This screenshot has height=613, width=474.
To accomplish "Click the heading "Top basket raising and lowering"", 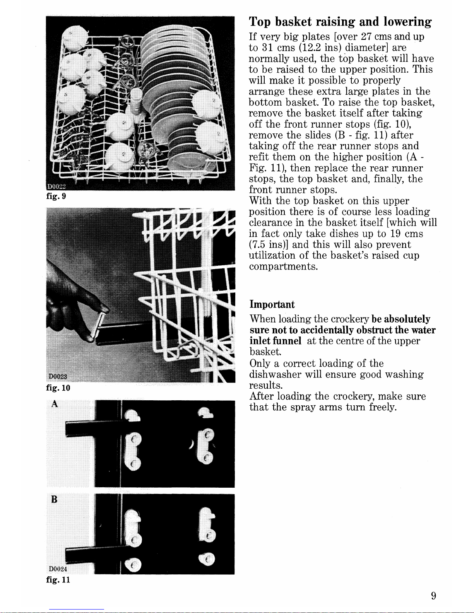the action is pos(340,22).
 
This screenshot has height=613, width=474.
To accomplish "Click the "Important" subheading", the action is pos(272,304).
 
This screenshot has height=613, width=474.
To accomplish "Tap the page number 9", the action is pos(433,596).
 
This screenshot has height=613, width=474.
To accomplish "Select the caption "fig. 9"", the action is pos(56,196).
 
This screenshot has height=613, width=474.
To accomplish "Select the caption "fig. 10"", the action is pos(58,388).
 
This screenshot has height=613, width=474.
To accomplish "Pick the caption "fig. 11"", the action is pos(58,580).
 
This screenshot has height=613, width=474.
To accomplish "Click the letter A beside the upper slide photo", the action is pos(55,404).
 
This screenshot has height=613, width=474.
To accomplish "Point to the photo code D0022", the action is pos(57,186).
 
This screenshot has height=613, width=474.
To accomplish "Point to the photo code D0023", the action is pos(58,377).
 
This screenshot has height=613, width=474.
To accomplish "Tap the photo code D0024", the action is pos(58,569).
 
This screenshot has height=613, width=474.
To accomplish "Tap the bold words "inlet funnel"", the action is pos(276,341).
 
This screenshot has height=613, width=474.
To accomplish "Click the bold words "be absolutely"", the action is pos(401,319).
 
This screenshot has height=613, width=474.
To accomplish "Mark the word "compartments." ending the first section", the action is pos(283,266).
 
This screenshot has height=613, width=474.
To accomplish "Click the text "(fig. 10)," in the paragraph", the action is pos(392,124).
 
